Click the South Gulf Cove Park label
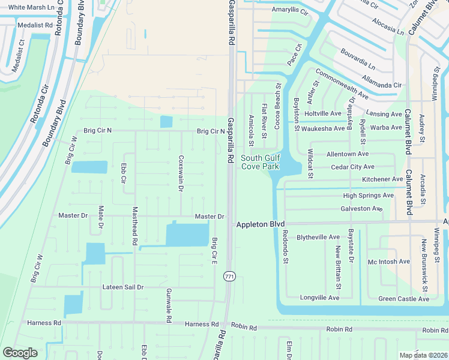(260, 162)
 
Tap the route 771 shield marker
(229, 276)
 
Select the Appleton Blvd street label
(260, 224)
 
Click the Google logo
(20, 353)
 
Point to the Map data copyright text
(423, 355)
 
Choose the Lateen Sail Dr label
(123, 287)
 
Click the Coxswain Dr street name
(181, 173)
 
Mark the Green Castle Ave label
(403, 299)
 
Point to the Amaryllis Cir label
(289, 11)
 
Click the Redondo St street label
(286, 247)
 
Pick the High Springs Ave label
(368, 196)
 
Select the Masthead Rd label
(135, 226)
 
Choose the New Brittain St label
(339, 268)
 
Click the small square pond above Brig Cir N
(166, 122)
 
